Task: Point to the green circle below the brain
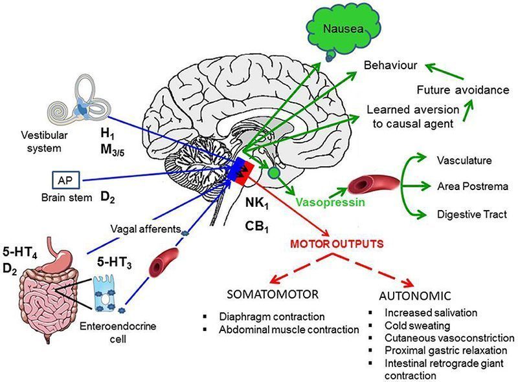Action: click(x=275, y=173)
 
